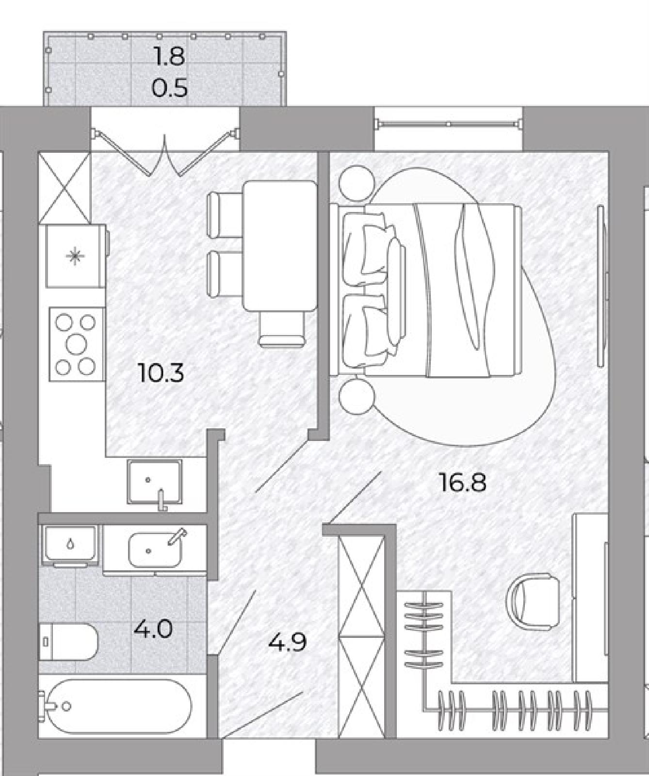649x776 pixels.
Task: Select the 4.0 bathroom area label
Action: click(x=153, y=630)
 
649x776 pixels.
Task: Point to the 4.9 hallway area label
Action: click(x=288, y=643)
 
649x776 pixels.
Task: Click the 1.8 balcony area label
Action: click(x=169, y=56)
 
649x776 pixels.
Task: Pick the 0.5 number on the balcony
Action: click(x=169, y=88)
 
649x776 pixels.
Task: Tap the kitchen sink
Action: click(x=155, y=482)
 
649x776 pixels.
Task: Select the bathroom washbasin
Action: click(x=155, y=550)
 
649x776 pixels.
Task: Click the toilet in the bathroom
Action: click(x=68, y=641)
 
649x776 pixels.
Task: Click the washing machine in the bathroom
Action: click(x=71, y=545)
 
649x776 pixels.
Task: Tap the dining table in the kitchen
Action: click(x=279, y=245)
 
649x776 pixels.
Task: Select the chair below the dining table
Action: click(x=282, y=329)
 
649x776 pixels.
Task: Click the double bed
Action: click(x=426, y=290)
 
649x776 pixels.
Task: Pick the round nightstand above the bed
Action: click(x=357, y=183)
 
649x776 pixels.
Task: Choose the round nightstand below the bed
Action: click(x=357, y=396)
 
